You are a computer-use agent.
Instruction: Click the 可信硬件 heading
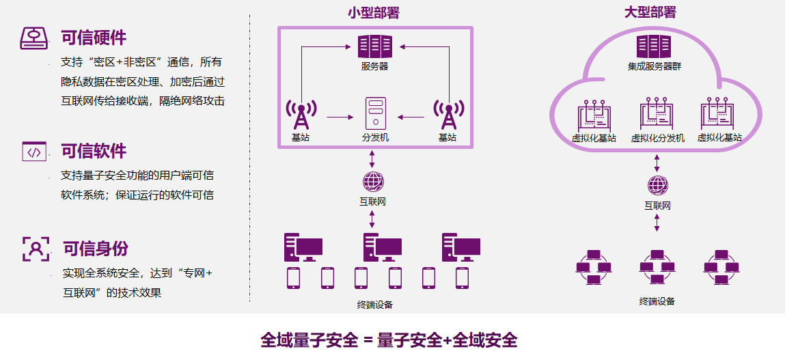pyautogui.click(x=94, y=38)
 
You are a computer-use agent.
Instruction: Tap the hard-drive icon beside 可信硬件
pyautogui.click(x=34, y=38)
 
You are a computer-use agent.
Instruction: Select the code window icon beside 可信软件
pyautogui.click(x=34, y=151)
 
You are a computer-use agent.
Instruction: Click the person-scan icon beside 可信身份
pyautogui.click(x=36, y=249)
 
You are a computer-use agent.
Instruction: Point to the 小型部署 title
pyautogui.click(x=373, y=12)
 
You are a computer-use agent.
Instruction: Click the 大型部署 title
pyautogui.click(x=650, y=12)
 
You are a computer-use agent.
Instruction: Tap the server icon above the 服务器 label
pyautogui.click(x=375, y=46)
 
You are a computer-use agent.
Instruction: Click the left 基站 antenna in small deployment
pyautogui.click(x=301, y=115)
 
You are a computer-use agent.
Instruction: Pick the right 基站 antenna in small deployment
pyautogui.click(x=447, y=115)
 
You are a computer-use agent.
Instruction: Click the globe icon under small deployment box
pyautogui.click(x=373, y=182)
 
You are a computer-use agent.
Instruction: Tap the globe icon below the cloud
pyautogui.click(x=657, y=185)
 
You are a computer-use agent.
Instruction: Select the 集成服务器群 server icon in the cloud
pyautogui.click(x=654, y=46)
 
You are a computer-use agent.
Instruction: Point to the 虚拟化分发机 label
pyautogui.click(x=657, y=138)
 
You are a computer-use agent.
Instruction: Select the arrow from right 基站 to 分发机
pyautogui.click(x=411, y=117)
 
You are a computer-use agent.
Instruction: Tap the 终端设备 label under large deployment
pyautogui.click(x=657, y=301)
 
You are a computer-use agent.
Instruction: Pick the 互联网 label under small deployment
pyautogui.click(x=373, y=202)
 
